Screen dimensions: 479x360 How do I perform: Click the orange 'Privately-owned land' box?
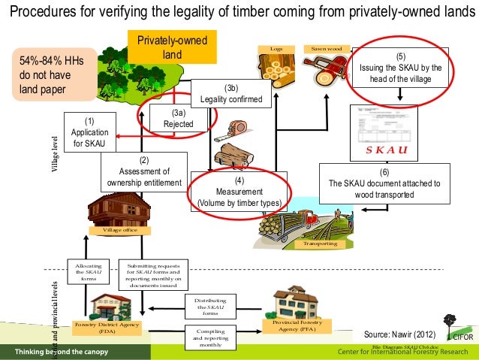[x=171, y=47]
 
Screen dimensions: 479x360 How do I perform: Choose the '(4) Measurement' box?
[x=239, y=191]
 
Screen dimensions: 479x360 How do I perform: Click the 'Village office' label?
[x=119, y=230]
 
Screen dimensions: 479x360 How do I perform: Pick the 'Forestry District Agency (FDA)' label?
[x=105, y=328]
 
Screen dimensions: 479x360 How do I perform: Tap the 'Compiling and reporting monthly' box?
[x=211, y=337]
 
